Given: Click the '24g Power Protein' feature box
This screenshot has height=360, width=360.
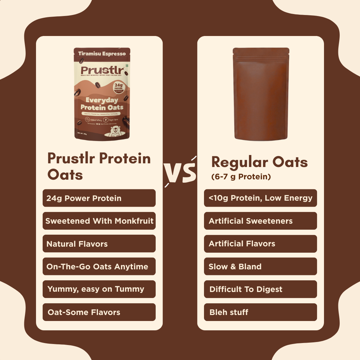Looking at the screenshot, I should [x=99, y=198].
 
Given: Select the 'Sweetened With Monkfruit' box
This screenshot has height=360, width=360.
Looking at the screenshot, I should [x=99, y=221].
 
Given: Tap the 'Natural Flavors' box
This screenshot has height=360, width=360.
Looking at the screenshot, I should [x=99, y=244].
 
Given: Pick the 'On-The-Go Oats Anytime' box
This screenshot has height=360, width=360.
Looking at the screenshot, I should [x=99, y=266].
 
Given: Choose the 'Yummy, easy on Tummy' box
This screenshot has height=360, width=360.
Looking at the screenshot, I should [x=99, y=289].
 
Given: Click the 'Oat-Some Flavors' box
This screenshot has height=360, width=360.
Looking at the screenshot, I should [x=99, y=312].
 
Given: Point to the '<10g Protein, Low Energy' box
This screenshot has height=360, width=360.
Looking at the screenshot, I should [x=260, y=198].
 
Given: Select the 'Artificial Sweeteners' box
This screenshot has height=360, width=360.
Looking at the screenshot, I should [x=260, y=221].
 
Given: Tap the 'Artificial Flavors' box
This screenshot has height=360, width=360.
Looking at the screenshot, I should [x=260, y=244].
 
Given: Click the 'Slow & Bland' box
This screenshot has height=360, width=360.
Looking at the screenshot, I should [x=260, y=266].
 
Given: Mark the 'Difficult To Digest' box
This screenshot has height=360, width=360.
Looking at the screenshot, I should [x=260, y=289].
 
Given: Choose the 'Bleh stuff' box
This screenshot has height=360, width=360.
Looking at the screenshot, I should [x=260, y=312].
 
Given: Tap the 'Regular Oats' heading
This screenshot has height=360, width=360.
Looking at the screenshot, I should [x=259, y=162].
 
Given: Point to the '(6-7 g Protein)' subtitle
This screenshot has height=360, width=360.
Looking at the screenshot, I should [x=241, y=177].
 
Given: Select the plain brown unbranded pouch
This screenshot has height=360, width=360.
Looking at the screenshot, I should [x=261, y=94].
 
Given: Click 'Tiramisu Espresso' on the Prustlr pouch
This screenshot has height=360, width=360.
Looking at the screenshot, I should [x=102, y=53].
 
